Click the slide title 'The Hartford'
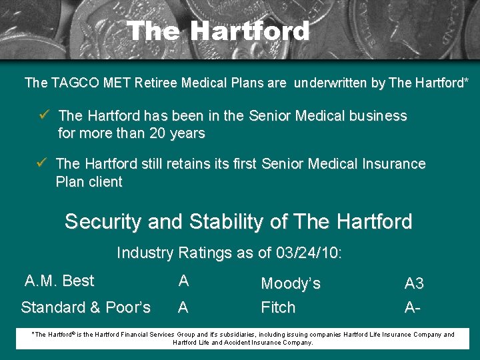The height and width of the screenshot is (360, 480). tap(218, 31)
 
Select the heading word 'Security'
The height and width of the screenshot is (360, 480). tap(103, 221)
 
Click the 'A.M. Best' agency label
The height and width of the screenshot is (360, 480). tap(59, 281)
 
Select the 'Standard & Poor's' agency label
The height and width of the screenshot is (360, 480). tap(86, 307)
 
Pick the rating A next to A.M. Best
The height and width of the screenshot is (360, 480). tap(183, 281)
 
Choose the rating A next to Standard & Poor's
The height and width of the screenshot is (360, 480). tap(183, 307)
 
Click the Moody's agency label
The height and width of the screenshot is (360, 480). tap(291, 284)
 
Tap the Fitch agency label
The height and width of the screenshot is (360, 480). tap(278, 307)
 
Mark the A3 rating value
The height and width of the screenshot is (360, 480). tap(414, 284)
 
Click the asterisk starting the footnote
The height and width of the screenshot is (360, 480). tap(33, 333)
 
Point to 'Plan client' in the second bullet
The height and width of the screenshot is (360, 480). tap(89, 182)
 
